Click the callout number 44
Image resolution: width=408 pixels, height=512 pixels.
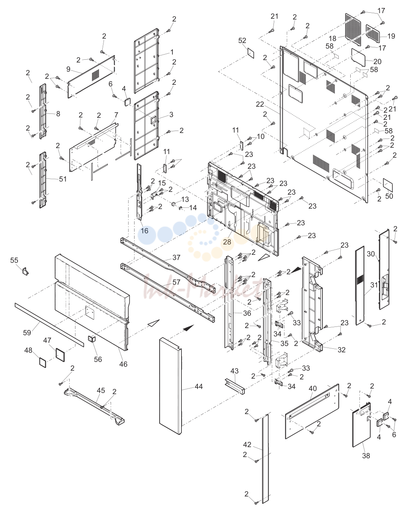pyautogui.click(x=199, y=387)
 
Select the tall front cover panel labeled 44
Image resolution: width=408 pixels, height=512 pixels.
pyautogui.click(x=170, y=386)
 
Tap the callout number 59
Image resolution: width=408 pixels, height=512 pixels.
pyautogui.click(x=27, y=332)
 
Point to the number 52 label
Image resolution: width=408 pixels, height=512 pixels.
pyautogui.click(x=242, y=41)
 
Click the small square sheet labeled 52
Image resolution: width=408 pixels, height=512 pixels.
pyautogui.click(x=251, y=53)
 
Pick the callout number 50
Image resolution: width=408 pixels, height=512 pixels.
pyautogui.click(x=389, y=196)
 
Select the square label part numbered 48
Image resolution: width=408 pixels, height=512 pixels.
pyautogui.click(x=43, y=362)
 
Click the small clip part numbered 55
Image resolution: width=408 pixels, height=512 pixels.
pyautogui.click(x=25, y=271)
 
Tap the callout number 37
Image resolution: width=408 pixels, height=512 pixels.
pyautogui.click(x=176, y=258)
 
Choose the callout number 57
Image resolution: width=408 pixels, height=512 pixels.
pyautogui.click(x=176, y=282)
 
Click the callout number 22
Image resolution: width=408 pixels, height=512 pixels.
pyautogui.click(x=260, y=104)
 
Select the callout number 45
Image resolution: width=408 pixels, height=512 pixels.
pyautogui.click(x=101, y=391)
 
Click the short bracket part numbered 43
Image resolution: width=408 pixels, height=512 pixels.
pyautogui.click(x=234, y=386)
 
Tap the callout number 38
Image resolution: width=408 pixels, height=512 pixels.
pyautogui.click(x=366, y=455)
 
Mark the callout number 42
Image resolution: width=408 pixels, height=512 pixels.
pyautogui.click(x=247, y=444)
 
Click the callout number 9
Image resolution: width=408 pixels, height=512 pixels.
pyautogui.click(x=68, y=69)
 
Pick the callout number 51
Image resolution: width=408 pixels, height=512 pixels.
pyautogui.click(x=63, y=179)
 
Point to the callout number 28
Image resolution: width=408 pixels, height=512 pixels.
pyautogui.click(x=227, y=242)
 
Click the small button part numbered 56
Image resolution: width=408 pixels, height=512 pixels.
pyautogui.click(x=92, y=338)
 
